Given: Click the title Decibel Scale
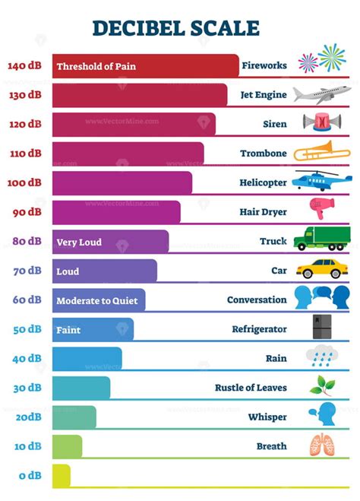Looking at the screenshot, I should tap(175, 28).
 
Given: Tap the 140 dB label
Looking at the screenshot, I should tap(24, 65).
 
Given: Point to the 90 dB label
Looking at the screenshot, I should tap(27, 212).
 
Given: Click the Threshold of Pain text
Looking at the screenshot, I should tap(96, 66).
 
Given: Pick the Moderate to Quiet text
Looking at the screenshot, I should tap(97, 300).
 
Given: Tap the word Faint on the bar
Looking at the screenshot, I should tap(68, 330).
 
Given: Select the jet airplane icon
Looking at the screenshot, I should tap(324, 95).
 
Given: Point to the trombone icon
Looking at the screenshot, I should tap(322, 151).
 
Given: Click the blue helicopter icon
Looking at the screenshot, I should tap(323, 181).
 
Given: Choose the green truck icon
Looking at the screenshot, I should tap(322, 239).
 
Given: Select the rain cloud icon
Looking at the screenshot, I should tap(321, 356).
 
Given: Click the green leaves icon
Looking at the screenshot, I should tap(321, 385).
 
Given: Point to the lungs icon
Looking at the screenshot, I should tap(321, 445).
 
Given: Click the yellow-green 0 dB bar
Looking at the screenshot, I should tap(61, 475).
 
